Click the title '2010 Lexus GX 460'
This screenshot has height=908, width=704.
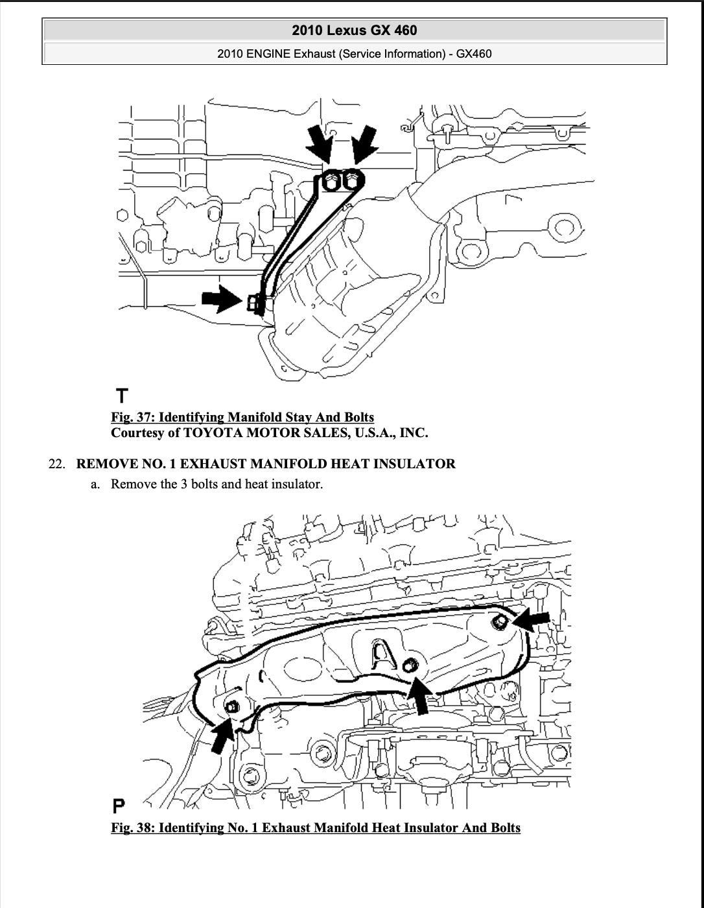[x=354, y=30]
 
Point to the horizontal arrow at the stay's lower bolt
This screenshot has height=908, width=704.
[x=221, y=298]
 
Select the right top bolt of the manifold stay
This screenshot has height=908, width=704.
[x=351, y=178]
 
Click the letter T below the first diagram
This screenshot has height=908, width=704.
[x=122, y=395]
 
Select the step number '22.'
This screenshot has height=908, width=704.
[x=57, y=464]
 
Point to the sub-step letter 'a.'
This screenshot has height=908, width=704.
[x=96, y=484]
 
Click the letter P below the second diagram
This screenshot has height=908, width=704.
[x=119, y=806]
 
